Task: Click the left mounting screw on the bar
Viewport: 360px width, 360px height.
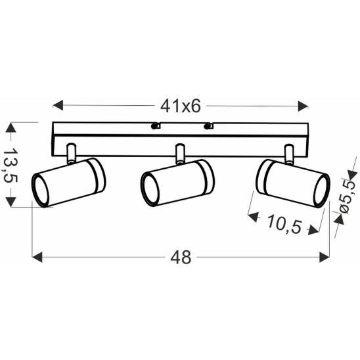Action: click(x=155, y=125)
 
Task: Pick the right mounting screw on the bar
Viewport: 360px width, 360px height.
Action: click(x=209, y=125)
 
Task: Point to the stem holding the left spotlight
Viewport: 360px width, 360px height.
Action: click(x=71, y=152)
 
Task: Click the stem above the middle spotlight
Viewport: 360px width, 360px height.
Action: click(x=179, y=152)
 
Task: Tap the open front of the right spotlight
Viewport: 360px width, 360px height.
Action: click(x=321, y=191)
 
